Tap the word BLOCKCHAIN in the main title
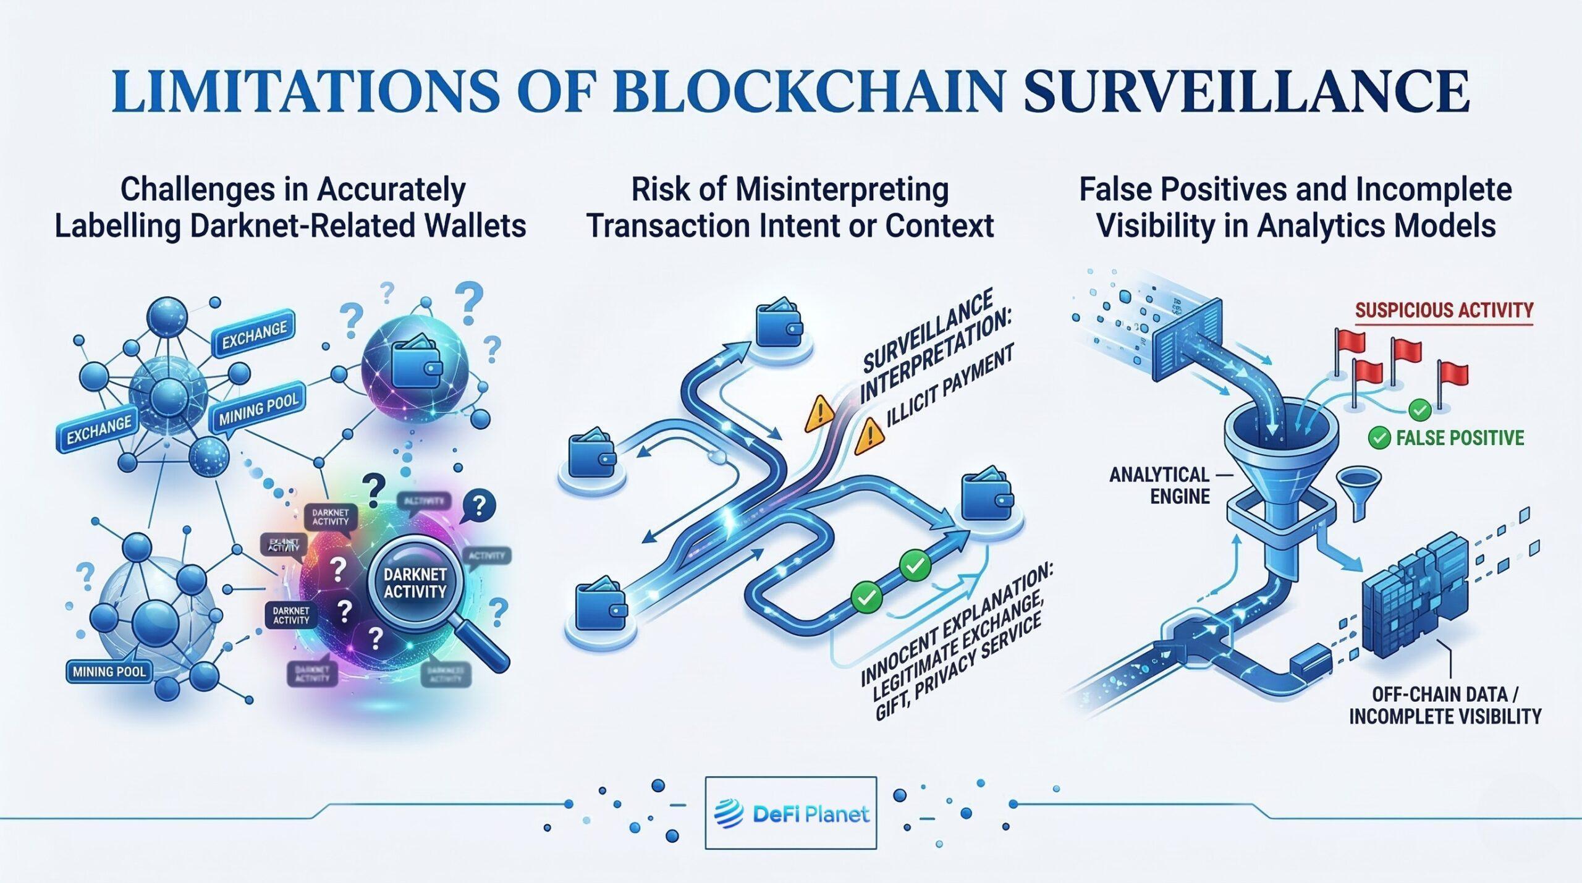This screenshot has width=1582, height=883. (x=807, y=91)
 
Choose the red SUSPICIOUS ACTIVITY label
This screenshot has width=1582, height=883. (x=1444, y=310)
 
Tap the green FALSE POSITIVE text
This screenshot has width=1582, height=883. (x=1460, y=438)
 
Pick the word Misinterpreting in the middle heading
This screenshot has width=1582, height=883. (x=842, y=190)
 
